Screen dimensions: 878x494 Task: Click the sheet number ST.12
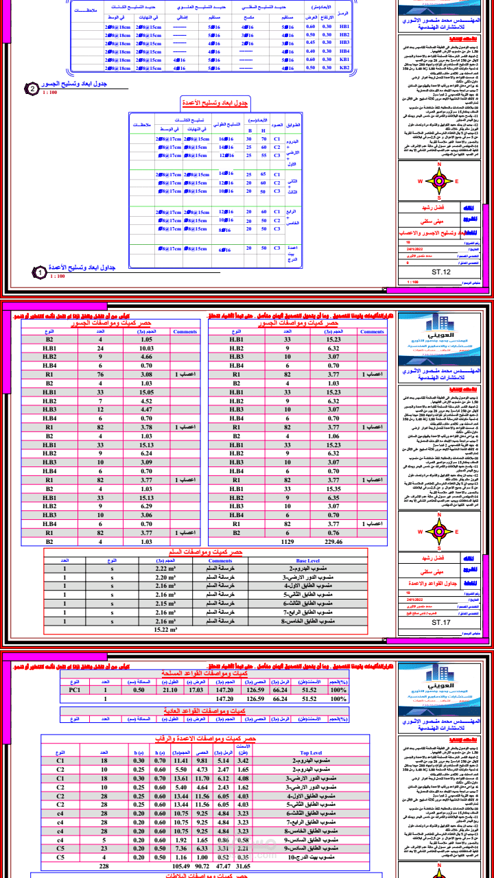[x=441, y=272]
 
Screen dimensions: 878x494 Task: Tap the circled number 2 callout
[x=32, y=88]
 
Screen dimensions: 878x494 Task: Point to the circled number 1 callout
[x=40, y=273]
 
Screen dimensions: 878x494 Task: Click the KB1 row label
[x=344, y=60]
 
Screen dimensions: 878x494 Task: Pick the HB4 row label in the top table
[x=344, y=51]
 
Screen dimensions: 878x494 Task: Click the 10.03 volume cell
[x=146, y=348]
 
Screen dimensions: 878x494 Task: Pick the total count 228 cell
[x=104, y=866]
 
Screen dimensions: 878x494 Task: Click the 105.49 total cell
[x=181, y=866]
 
